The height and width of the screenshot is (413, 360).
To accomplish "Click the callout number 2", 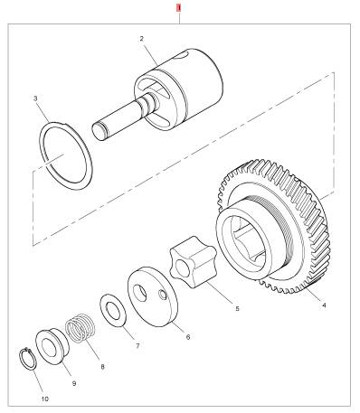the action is (x=141, y=39).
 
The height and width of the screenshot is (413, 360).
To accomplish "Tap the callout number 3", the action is (x=35, y=99).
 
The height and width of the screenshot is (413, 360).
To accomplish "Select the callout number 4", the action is (x=324, y=305).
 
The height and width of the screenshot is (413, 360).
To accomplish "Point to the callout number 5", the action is (x=237, y=309).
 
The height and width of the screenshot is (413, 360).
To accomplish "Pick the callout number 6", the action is (x=188, y=337).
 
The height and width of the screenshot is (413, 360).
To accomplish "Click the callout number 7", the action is (x=137, y=346).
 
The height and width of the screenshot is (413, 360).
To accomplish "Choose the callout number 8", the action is (x=102, y=367).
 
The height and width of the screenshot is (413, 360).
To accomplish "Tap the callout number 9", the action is (x=74, y=383).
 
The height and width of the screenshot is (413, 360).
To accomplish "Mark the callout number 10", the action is (x=44, y=399).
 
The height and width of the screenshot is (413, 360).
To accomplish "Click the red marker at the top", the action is (x=179, y=8).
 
